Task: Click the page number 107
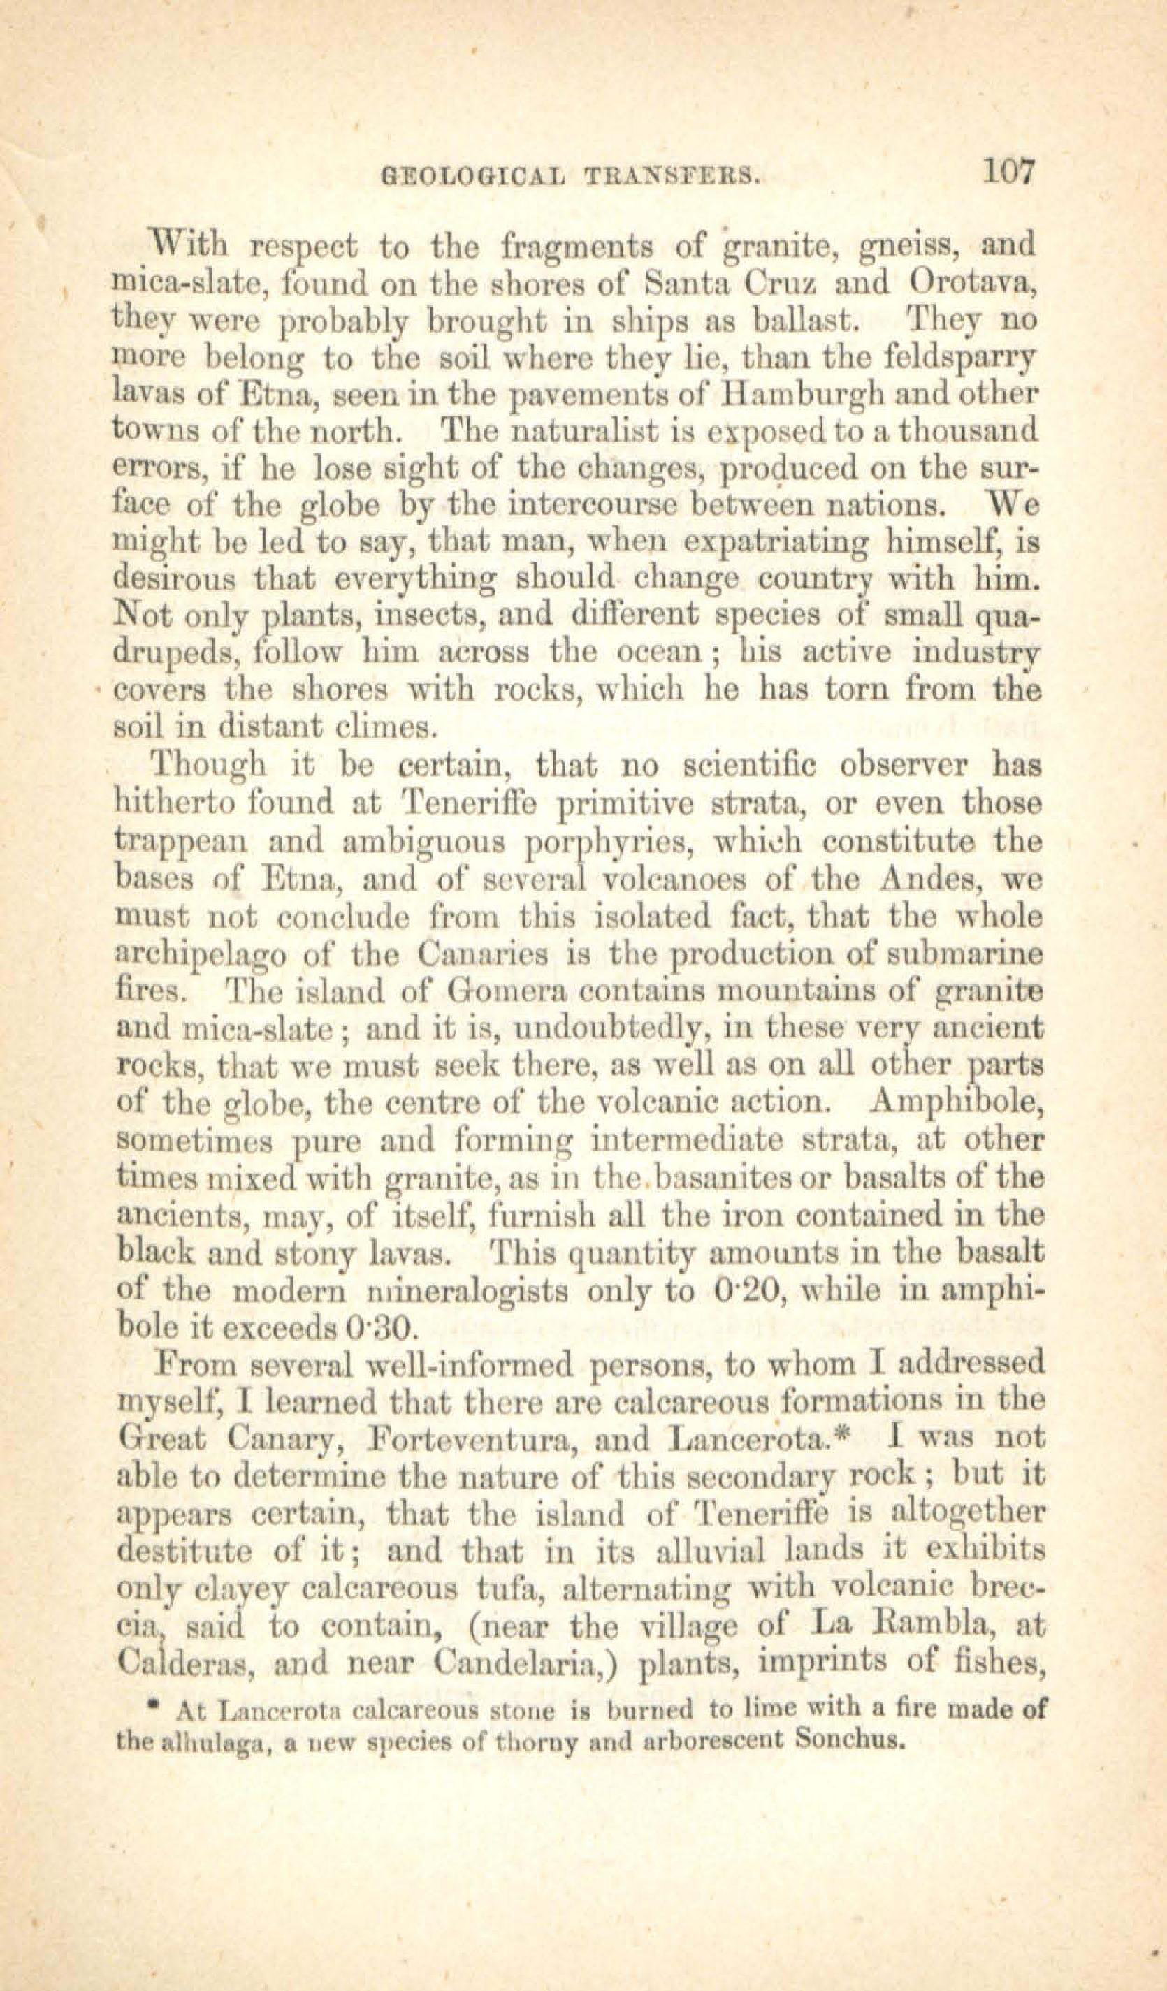click(x=1006, y=171)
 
